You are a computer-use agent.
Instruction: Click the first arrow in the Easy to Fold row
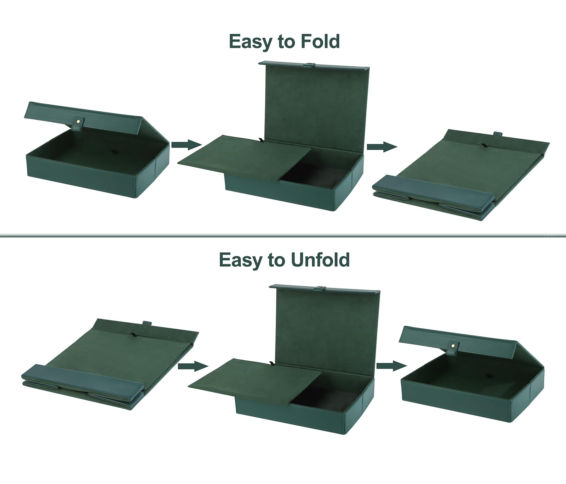pyautogui.click(x=186, y=145)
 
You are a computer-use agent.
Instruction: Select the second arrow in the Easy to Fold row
pyautogui.click(x=382, y=147)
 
